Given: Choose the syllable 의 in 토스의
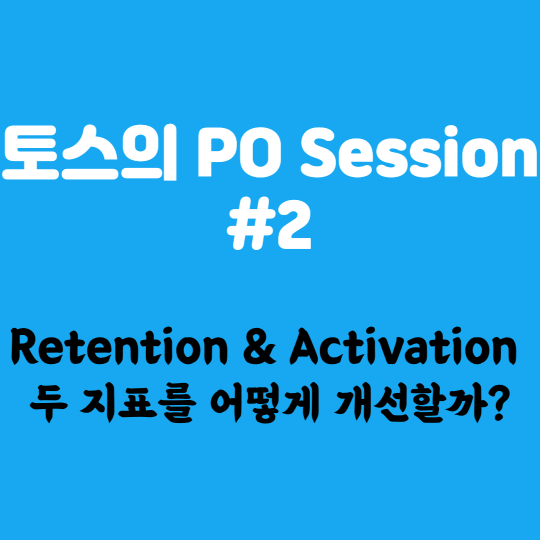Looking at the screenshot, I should tap(152, 152).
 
